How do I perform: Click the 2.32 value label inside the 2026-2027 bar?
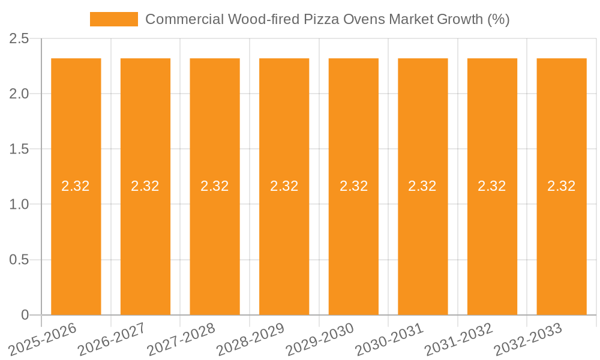tap(145, 186)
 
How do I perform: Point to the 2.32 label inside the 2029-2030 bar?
tap(353, 186)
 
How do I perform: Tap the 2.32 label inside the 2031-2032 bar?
tap(492, 186)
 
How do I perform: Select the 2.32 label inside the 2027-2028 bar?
tap(215, 186)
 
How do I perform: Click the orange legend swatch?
tap(113, 19)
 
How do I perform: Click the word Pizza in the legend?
tap(322, 19)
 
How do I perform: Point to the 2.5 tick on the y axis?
tap(19, 39)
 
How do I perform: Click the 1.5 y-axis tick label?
tap(19, 149)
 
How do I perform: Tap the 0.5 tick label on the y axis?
tap(19, 260)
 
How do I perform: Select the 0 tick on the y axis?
tap(25, 315)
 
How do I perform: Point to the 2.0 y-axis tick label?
tap(19, 94)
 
